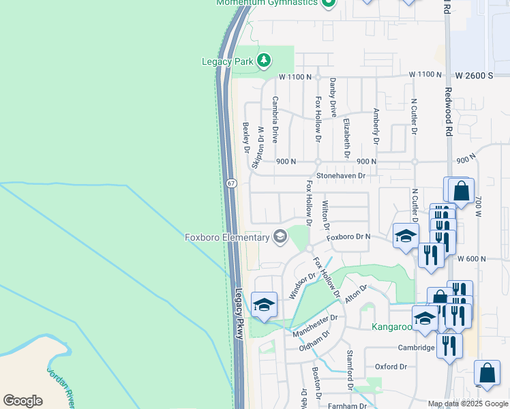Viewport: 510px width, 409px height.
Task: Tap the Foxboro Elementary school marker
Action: pos(280,237)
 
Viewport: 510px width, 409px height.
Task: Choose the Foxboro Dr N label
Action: pos(348,237)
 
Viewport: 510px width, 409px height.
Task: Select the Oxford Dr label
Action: pos(390,367)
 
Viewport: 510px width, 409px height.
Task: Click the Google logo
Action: pos(22,401)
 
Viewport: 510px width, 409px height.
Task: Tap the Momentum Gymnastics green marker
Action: pos(328,3)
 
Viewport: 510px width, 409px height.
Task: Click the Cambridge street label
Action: pos(417,348)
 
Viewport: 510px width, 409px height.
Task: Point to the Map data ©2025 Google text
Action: pos(468,404)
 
